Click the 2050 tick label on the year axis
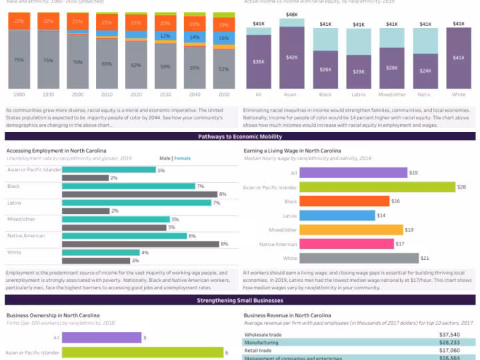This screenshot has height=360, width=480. (223, 94)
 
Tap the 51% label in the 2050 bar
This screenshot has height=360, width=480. (223, 68)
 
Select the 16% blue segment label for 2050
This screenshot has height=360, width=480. (223, 38)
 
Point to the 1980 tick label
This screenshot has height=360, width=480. (19, 94)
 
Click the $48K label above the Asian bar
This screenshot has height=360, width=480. (292, 14)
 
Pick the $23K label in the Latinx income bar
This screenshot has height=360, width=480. (359, 71)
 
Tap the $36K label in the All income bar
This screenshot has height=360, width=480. (259, 61)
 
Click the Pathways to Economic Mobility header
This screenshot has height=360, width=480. (240, 136)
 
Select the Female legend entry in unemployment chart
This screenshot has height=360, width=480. (182, 158)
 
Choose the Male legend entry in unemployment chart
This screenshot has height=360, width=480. (164, 158)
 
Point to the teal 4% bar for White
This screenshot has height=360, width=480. (101, 253)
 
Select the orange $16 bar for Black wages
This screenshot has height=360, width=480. (344, 201)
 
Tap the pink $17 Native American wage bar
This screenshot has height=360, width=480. (346, 244)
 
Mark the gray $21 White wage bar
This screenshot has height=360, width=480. (359, 258)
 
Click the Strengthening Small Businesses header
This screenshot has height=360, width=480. (240, 301)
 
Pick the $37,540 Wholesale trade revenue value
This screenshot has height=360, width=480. (446, 334)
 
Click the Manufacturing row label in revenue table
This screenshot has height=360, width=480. (261, 342)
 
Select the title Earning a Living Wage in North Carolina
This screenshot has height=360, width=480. (292, 151)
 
